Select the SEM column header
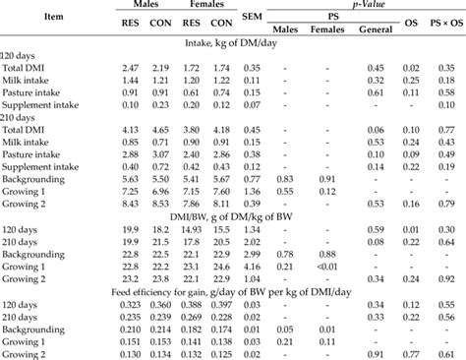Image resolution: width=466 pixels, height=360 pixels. click(252, 17)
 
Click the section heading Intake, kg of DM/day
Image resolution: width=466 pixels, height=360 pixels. click(232, 43)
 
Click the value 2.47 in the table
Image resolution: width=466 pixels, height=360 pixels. click(142, 67)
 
